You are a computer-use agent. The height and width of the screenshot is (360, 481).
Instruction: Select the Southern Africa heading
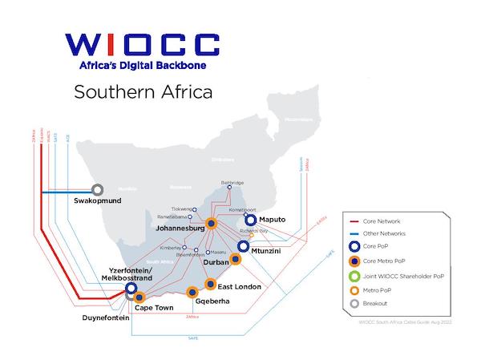point(143,91)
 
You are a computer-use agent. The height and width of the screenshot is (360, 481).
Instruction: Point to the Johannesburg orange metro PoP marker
point(211,224)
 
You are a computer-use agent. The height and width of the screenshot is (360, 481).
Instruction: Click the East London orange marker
point(211,283)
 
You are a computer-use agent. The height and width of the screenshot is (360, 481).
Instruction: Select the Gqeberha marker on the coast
point(192,292)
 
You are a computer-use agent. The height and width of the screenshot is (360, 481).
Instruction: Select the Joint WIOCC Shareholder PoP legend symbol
point(355,277)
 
